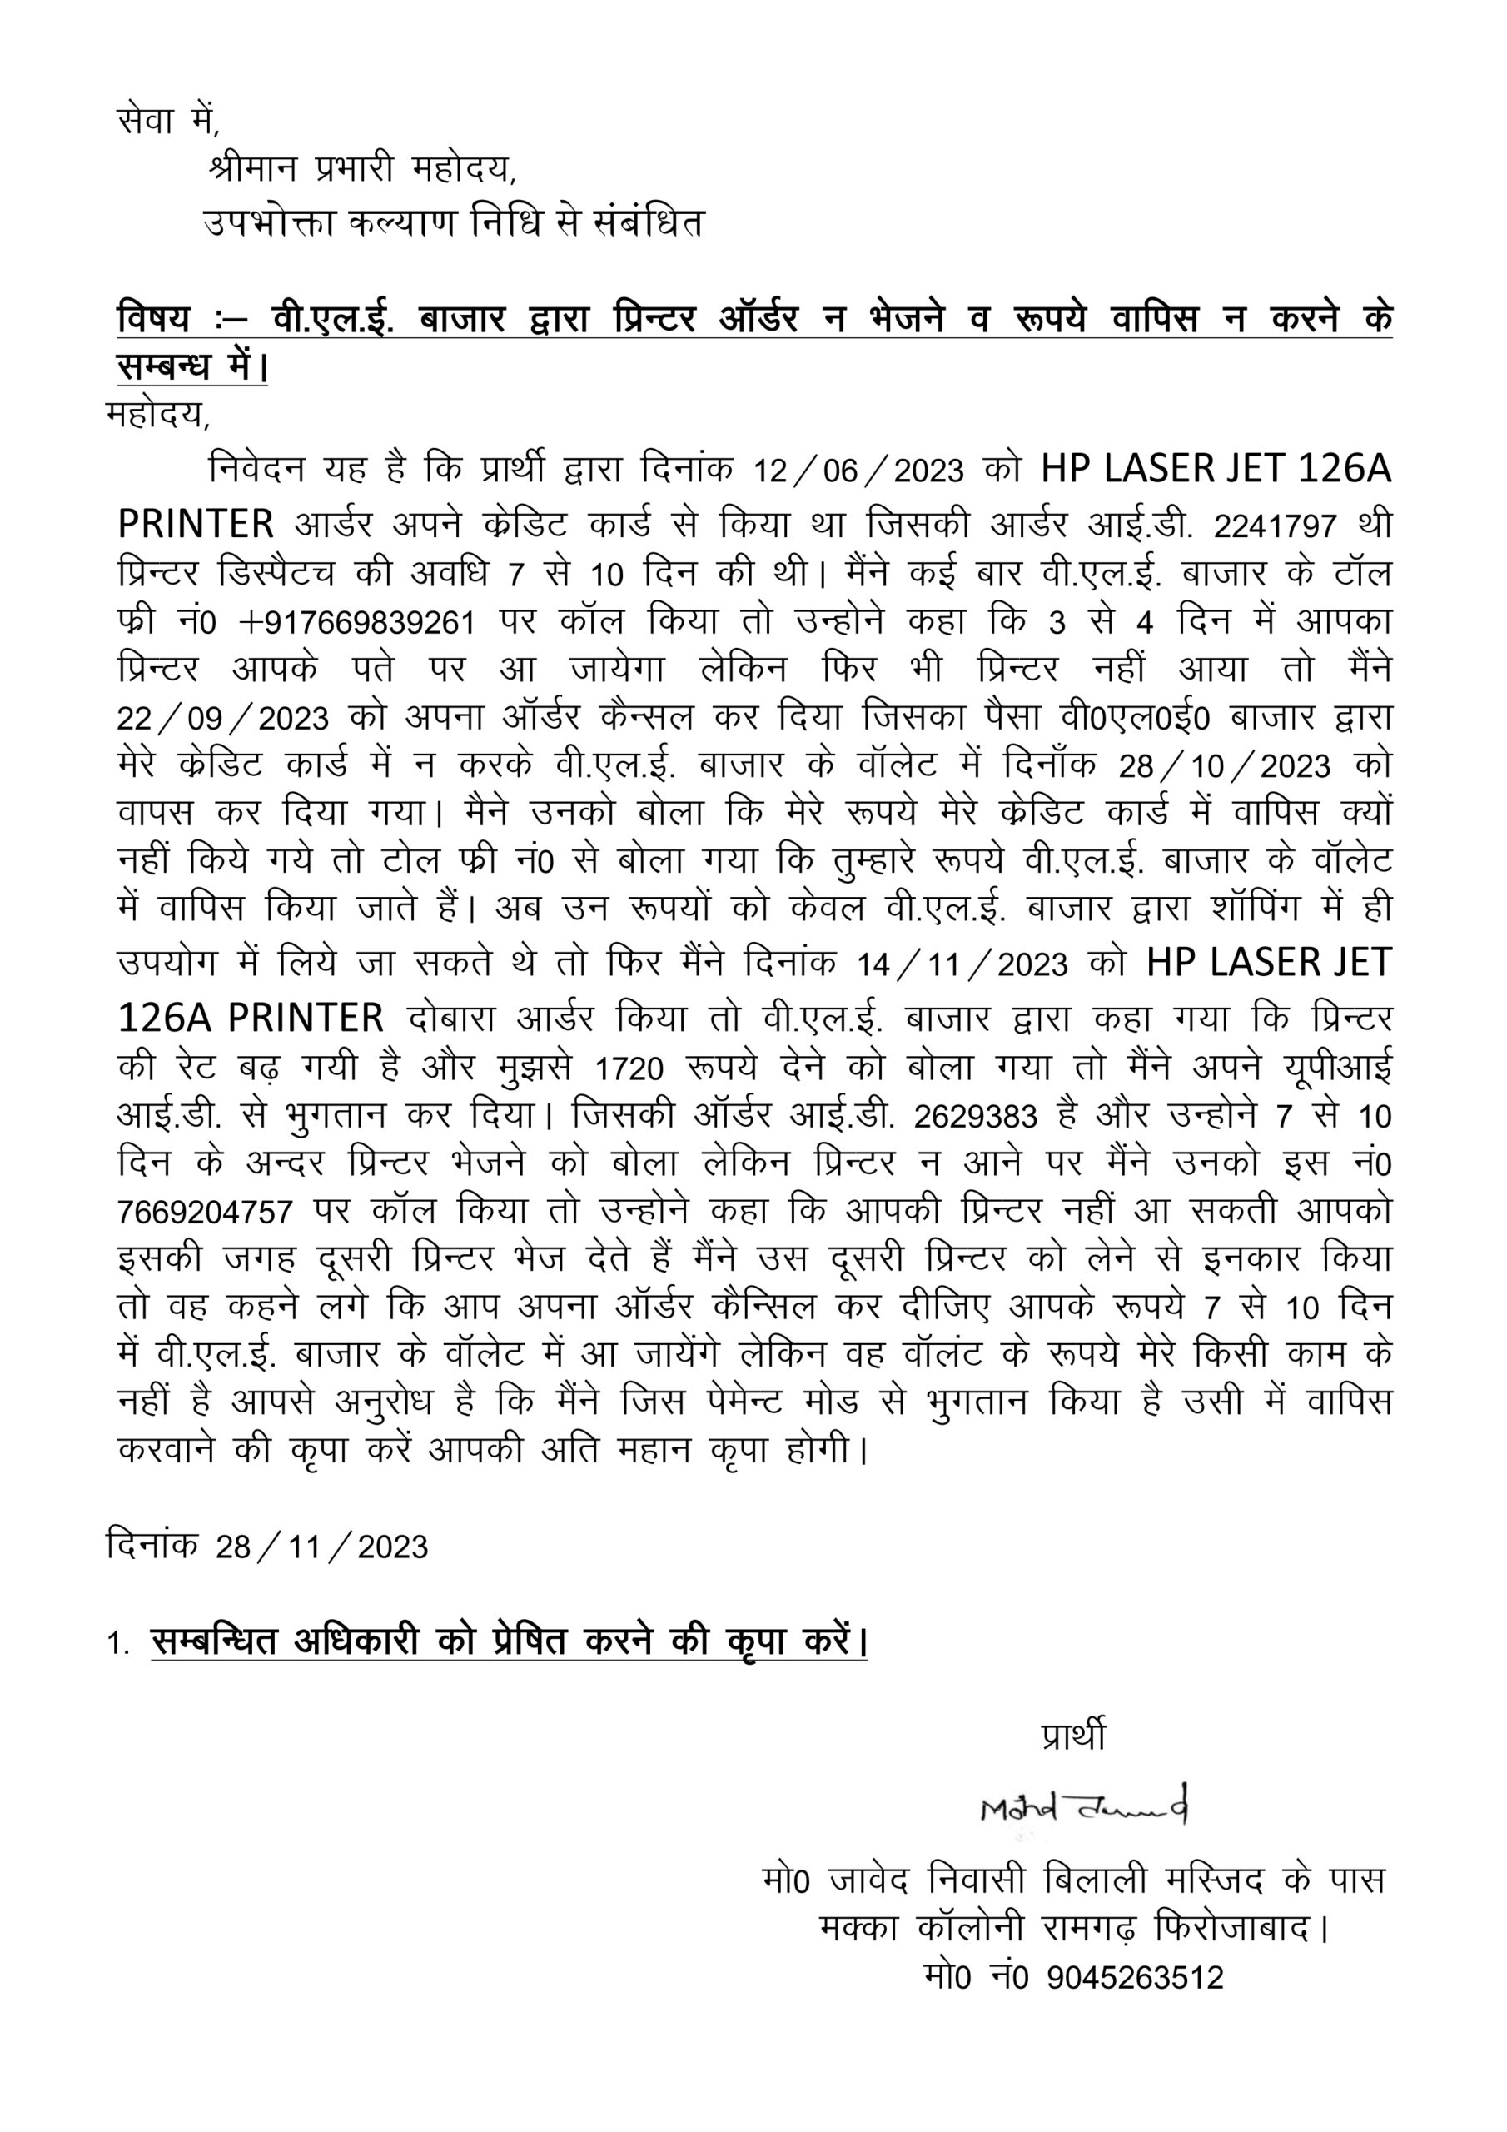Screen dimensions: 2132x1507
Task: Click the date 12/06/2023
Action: click(858, 471)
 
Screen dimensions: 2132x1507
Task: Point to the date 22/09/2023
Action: click(223, 719)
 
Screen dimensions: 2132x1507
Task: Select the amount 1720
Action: click(629, 1069)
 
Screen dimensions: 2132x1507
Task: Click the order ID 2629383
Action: click(975, 1117)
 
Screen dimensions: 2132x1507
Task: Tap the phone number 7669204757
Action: click(205, 1213)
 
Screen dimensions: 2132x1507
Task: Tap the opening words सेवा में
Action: click(167, 121)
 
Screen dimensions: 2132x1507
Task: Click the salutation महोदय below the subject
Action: click(158, 414)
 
